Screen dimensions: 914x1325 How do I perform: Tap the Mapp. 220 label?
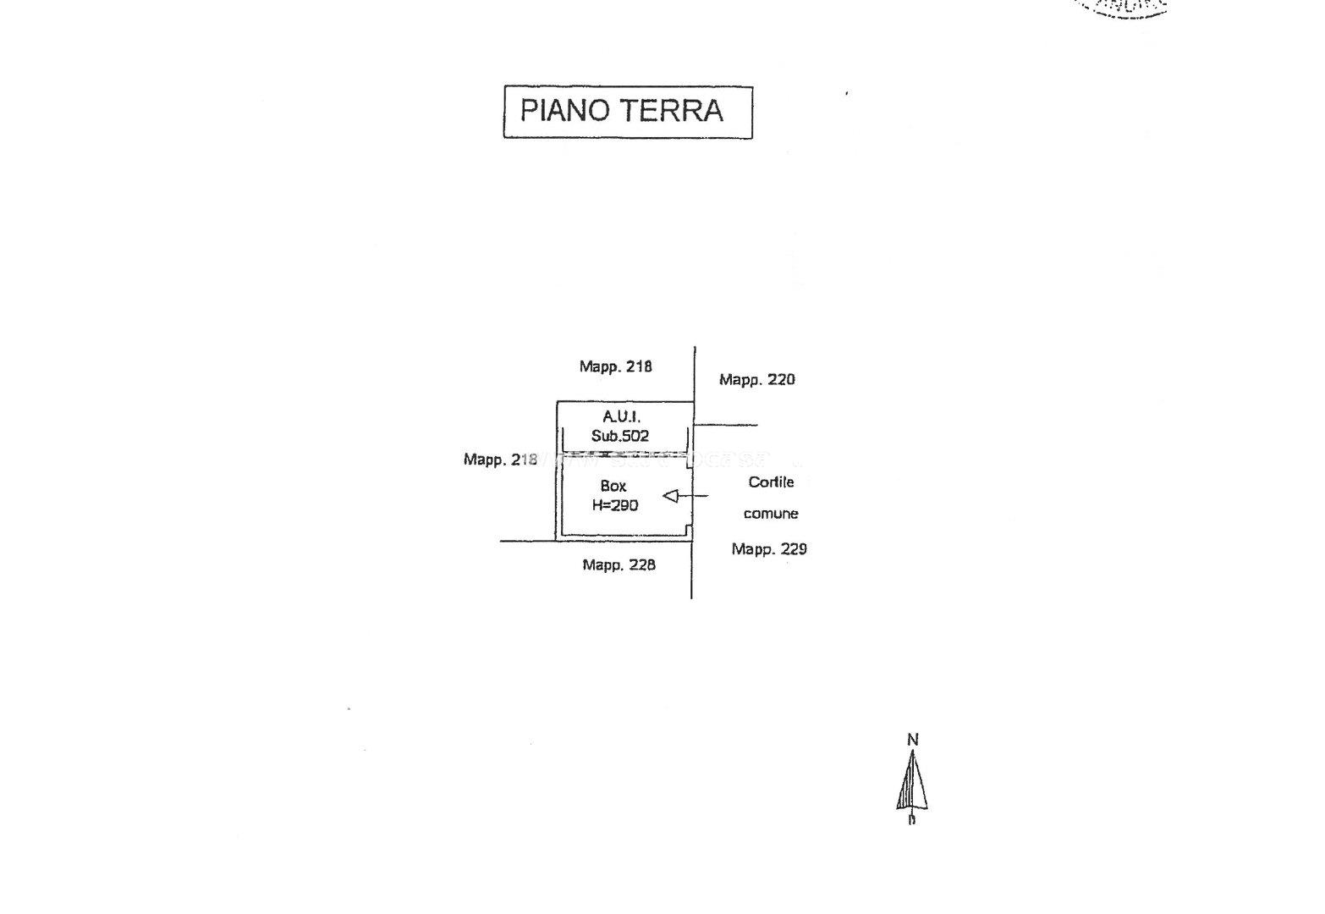point(756,380)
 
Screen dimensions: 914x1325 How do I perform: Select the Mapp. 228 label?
point(619,564)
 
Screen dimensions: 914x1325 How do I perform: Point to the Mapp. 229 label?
point(769,549)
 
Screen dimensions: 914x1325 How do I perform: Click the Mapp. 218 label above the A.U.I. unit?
point(615,366)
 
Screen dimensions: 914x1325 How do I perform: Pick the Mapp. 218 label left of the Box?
point(500,460)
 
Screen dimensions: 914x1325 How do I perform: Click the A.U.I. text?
point(621,416)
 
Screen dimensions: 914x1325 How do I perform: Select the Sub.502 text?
point(620,436)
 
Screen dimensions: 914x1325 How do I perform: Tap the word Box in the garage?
point(613,486)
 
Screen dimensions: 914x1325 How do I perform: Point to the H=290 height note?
point(615,505)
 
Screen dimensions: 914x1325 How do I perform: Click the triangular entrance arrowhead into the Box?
point(671,496)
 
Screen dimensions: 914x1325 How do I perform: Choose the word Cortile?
point(771,482)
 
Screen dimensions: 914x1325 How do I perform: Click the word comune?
point(771,514)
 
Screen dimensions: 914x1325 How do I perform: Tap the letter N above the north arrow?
point(912,740)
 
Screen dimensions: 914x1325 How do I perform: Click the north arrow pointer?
point(912,783)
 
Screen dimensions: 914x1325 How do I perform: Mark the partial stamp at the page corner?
point(1125,8)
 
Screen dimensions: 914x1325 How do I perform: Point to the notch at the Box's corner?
point(690,531)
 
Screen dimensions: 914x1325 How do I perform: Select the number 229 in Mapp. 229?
point(793,549)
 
